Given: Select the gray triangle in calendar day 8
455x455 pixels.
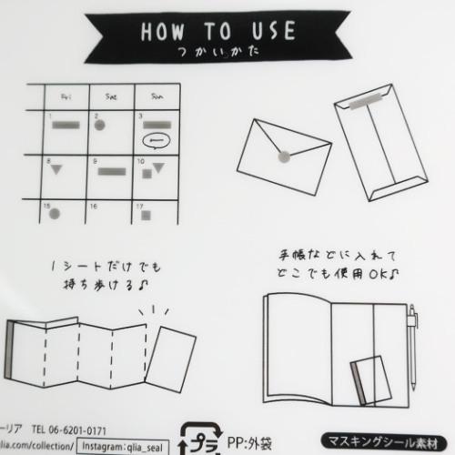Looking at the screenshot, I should (56, 171).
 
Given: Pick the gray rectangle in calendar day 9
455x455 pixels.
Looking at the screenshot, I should (111, 171).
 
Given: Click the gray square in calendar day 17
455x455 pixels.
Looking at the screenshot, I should (147, 217).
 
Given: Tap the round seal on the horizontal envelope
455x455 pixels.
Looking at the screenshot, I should (282, 157).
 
